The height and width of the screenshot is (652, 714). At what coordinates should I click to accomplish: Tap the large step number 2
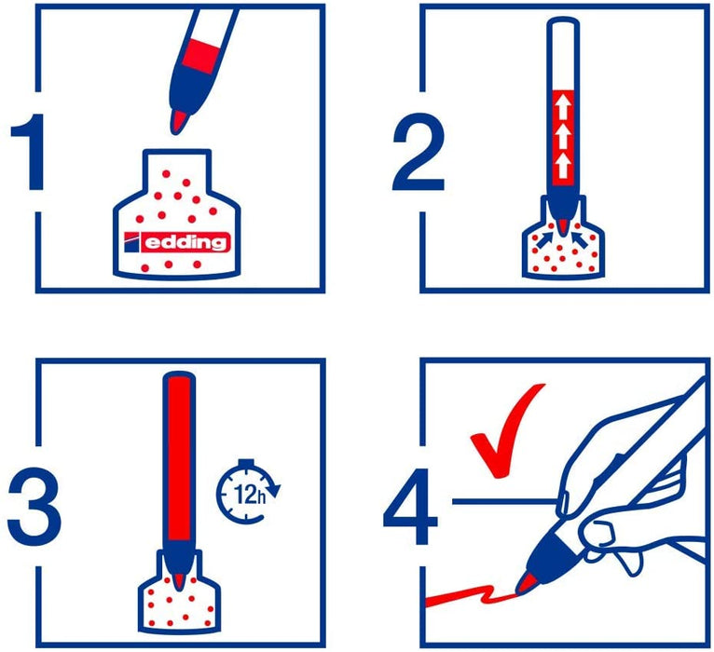point(418,152)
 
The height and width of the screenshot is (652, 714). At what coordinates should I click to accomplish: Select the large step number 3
point(34,509)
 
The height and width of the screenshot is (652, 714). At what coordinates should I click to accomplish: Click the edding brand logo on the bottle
point(177,241)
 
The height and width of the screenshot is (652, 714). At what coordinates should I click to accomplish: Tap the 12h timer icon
point(247,492)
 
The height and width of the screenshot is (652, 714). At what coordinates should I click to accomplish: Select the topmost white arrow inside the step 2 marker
point(563,107)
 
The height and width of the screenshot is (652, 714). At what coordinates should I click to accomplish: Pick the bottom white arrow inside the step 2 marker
point(563,165)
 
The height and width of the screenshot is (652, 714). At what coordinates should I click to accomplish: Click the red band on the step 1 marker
point(201,57)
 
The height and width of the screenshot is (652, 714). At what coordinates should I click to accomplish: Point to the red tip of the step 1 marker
point(178,122)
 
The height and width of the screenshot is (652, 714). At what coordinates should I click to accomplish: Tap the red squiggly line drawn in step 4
point(469,595)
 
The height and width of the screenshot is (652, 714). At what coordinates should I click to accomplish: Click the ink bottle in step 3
point(179,592)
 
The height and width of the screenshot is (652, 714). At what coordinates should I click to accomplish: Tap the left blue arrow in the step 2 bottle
point(546,239)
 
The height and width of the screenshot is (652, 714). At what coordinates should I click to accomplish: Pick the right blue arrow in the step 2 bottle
point(581,239)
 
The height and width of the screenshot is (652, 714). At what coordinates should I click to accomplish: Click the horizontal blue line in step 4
point(506,501)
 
